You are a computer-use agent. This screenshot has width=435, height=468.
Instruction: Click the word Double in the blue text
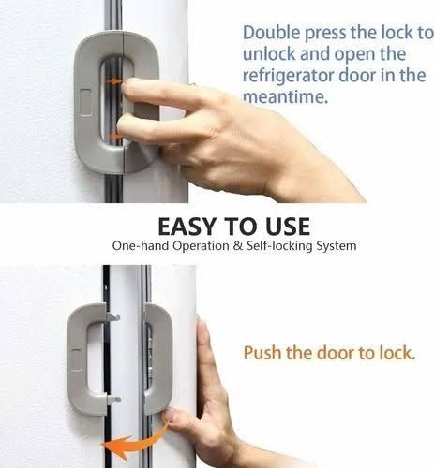(270, 33)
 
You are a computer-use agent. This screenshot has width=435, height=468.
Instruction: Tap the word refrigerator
(292, 76)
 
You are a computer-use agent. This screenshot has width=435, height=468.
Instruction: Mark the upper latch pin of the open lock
(114, 317)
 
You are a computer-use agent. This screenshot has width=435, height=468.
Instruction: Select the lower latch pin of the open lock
(113, 400)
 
